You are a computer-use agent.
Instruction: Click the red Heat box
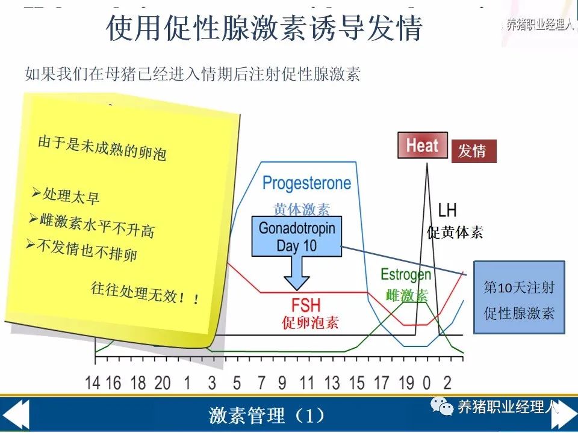423,145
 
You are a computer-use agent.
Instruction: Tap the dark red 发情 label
474,151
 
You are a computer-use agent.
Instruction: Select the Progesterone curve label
306,183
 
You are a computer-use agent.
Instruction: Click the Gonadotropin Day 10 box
297,236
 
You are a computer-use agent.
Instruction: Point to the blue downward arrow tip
297,290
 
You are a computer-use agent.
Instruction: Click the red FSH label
306,306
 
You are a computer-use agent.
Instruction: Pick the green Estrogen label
405,275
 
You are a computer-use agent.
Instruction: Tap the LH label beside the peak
447,210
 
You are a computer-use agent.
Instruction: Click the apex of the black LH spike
427,163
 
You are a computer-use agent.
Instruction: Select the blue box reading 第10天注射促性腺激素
519,298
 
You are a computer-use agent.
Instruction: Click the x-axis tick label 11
306,383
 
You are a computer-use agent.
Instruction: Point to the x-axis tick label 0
426,383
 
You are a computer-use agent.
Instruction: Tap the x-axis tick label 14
92,383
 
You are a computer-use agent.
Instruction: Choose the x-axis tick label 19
406,383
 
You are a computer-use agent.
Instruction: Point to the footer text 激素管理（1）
267,416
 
